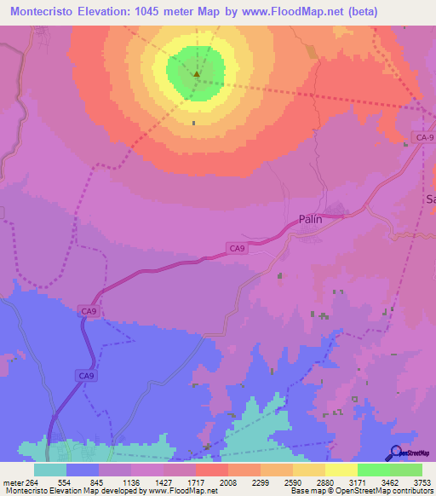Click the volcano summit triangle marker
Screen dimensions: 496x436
197,74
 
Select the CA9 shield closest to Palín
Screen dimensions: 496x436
237,248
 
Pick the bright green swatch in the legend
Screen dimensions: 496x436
374,470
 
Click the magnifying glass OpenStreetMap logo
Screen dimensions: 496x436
394,453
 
